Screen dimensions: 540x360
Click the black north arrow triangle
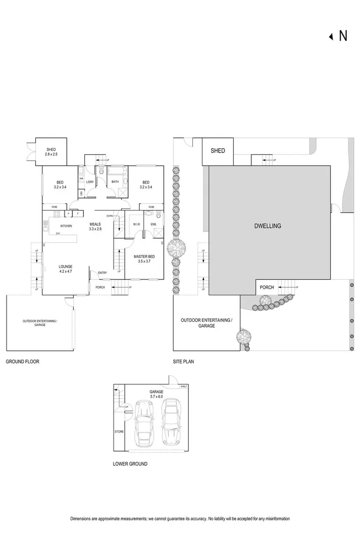point(331,36)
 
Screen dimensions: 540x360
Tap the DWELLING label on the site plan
point(268,226)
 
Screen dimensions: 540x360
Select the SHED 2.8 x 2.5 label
point(52,152)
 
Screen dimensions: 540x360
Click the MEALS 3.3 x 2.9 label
point(95,226)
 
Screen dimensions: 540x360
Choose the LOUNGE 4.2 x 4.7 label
point(66,269)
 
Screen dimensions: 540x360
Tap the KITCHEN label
point(66,226)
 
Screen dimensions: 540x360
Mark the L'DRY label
point(91,182)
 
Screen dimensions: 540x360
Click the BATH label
point(115,182)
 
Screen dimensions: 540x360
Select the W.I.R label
point(137,224)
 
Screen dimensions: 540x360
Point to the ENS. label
point(153,224)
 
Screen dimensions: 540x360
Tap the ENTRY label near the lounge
point(103,272)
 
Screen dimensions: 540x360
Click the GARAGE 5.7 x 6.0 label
point(157,394)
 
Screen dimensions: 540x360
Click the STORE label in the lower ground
point(119,431)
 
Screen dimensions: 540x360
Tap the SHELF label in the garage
point(184,386)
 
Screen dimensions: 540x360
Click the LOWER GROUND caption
point(130,464)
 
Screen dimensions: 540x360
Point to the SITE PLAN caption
point(183,362)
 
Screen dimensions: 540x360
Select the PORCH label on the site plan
point(267,287)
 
